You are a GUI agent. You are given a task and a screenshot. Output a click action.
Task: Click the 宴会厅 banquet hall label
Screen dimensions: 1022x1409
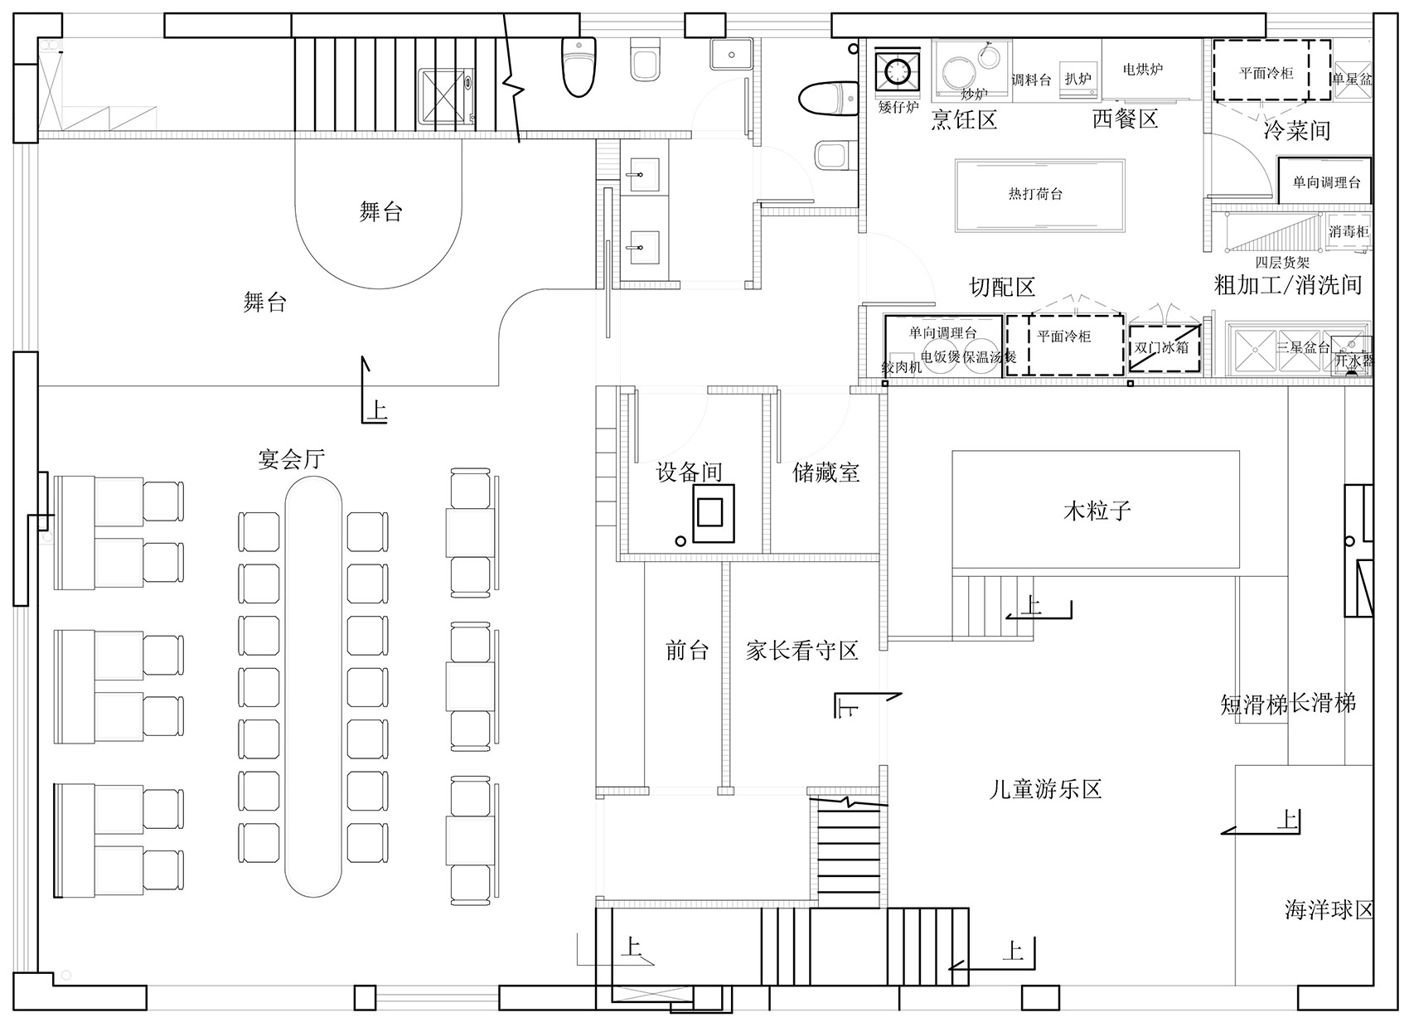pos(291,459)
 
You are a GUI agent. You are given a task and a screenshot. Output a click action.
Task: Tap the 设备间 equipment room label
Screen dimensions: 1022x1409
pos(689,472)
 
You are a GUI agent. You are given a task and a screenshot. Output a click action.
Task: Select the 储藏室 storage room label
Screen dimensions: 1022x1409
pos(826,472)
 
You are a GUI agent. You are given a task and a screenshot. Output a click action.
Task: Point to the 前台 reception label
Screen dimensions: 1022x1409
pos(687,651)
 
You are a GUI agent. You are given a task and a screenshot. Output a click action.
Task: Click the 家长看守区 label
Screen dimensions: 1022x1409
pos(801,651)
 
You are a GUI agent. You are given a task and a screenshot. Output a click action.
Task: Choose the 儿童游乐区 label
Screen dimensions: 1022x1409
pos(1045,788)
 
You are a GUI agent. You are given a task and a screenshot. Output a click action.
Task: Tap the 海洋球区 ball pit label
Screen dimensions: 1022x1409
pos(1329,910)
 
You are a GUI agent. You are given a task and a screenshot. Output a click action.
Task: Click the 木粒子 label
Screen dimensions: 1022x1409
pos(1097,510)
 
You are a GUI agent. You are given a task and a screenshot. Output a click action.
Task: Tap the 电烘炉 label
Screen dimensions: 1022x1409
pos(1142,70)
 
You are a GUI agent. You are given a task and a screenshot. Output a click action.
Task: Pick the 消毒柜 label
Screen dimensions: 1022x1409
pos(1348,232)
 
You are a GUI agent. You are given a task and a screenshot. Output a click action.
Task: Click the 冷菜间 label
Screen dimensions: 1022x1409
pos(1296,130)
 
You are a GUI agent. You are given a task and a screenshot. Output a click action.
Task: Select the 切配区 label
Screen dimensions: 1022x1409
pos(1002,288)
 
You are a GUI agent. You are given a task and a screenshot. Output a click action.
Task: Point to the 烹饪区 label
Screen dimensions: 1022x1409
pos(963,120)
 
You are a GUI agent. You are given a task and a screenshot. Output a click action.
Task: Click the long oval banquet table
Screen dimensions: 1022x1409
pos(313,688)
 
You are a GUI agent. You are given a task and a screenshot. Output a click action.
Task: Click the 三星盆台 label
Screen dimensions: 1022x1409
pos(1303,347)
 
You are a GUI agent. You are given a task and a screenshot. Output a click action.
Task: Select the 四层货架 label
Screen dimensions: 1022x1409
pos(1281,263)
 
